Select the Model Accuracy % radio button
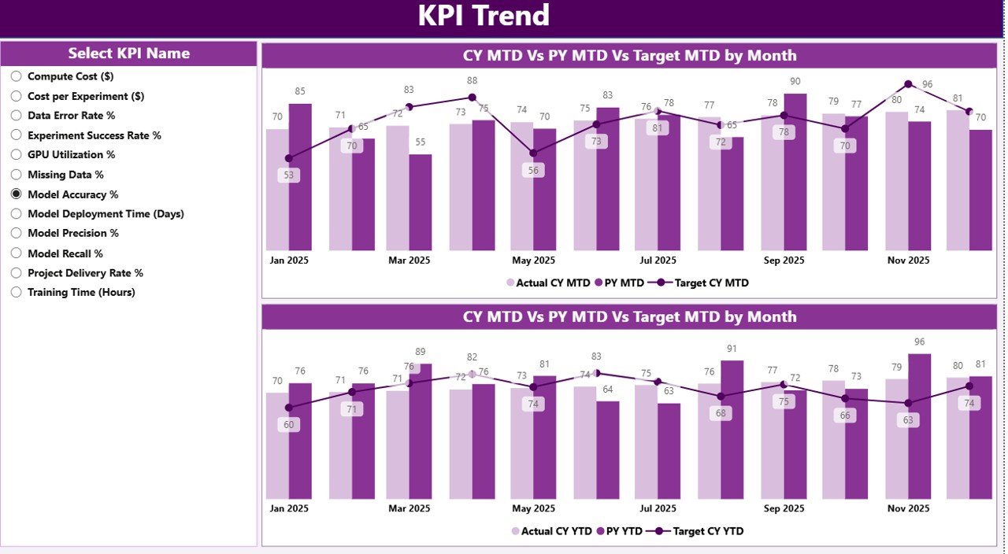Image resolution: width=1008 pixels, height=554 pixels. [x=16, y=194]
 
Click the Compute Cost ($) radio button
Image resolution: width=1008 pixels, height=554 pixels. [x=16, y=76]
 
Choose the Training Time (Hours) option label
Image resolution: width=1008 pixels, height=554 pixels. [x=81, y=292]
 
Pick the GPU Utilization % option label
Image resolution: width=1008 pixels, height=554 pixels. [x=71, y=155]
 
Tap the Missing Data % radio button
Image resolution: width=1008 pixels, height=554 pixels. [x=16, y=175]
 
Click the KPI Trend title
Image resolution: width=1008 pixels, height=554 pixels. [x=484, y=17]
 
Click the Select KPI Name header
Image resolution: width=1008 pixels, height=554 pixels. [x=128, y=54]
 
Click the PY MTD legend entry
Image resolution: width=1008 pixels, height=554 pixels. [x=619, y=283]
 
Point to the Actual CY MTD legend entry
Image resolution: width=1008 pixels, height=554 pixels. [x=547, y=283]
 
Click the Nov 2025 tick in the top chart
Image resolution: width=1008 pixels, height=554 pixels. [x=907, y=260]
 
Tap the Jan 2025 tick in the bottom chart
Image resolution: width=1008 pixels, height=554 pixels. [x=288, y=508]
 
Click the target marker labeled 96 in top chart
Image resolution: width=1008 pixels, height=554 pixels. [x=908, y=84]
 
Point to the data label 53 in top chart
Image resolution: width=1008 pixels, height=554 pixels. [x=289, y=175]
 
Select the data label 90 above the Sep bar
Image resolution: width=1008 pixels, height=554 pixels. [x=795, y=81]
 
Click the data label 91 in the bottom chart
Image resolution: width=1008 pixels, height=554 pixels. [x=732, y=349]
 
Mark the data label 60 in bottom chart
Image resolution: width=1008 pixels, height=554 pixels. [x=289, y=425]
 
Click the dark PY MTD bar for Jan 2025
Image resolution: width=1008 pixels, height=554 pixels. [x=300, y=177]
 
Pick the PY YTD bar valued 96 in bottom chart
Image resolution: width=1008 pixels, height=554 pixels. [x=920, y=426]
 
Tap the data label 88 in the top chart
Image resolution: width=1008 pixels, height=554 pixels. [x=472, y=80]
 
